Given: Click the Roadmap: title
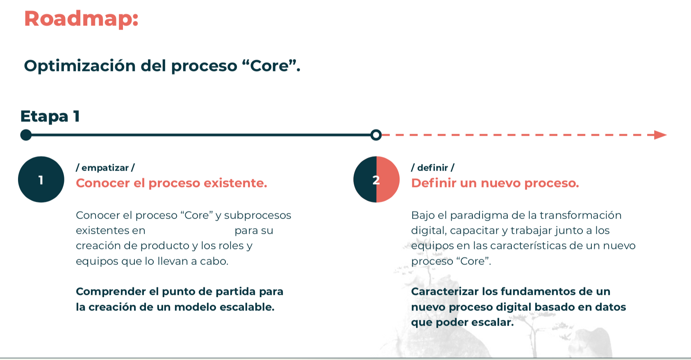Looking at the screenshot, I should click(x=81, y=19).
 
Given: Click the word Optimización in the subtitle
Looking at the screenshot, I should click(x=80, y=66).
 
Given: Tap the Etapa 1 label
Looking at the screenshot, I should click(x=50, y=116).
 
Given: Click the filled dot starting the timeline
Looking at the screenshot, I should click(x=26, y=135).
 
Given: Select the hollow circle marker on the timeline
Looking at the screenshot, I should click(x=376, y=135).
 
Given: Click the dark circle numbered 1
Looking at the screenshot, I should click(x=41, y=180).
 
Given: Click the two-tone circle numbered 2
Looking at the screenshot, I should click(x=376, y=180).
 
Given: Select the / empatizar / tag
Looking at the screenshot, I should click(x=105, y=168).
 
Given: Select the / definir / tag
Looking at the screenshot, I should click(x=433, y=168).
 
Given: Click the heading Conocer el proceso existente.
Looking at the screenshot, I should click(x=171, y=183).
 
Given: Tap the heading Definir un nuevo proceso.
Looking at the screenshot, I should click(x=495, y=183).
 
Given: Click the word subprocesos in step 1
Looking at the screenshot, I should click(x=257, y=215).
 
